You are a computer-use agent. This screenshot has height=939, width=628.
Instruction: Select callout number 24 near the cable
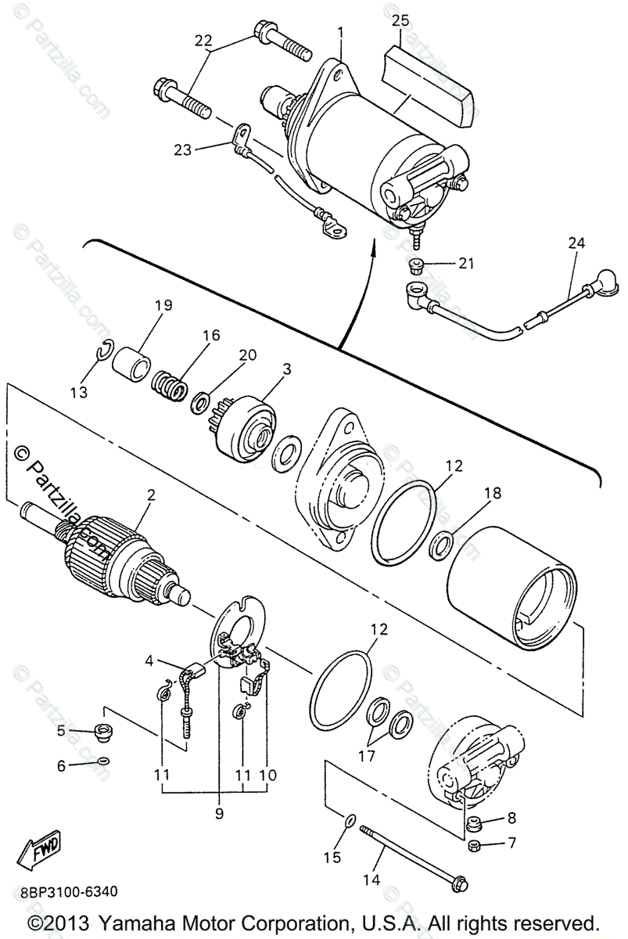tap(576, 243)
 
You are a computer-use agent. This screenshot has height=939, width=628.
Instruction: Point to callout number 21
tap(466, 264)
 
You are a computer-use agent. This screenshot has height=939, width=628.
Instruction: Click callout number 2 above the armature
tap(151, 495)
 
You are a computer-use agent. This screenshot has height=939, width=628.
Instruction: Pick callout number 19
tap(163, 305)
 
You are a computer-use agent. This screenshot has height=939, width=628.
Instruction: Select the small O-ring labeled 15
tap(350, 821)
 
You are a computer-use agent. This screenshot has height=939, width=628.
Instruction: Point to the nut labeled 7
tap(473, 845)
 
